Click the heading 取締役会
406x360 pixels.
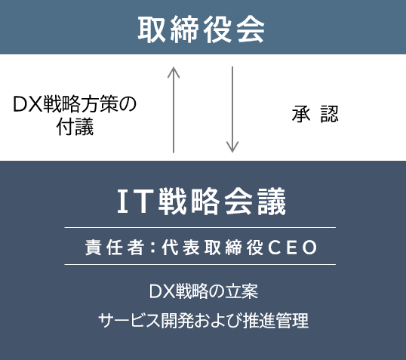201,29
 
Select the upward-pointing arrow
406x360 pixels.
174,110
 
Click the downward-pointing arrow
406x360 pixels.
232,109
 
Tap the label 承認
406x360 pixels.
315,114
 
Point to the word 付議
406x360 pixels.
75,127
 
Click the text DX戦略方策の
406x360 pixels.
75,104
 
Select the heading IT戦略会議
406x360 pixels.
201,202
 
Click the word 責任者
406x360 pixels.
115,248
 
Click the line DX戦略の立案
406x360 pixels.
204,291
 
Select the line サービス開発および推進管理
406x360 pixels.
204,320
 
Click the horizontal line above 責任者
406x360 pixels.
200,228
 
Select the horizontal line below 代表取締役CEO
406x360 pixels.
200,264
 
